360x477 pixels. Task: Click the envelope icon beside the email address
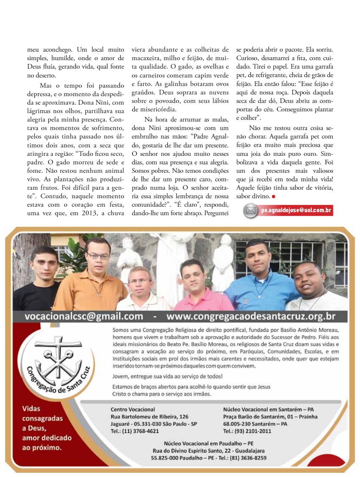[251, 210]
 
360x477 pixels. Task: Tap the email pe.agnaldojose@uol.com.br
[296, 210]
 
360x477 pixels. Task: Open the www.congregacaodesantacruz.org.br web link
[256, 316]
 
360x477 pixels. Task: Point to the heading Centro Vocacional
[133, 410]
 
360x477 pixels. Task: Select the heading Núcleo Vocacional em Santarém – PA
[268, 410]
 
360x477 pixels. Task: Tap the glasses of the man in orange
[98, 256]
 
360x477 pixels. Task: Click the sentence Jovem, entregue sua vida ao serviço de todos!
[168, 376]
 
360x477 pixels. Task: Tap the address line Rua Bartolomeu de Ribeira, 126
[149, 417]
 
